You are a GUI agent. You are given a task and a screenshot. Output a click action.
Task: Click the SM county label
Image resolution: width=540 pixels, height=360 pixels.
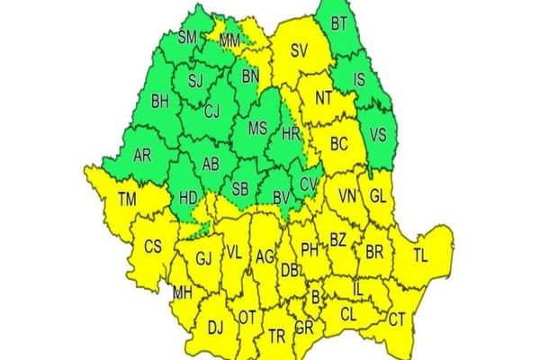point(187,37)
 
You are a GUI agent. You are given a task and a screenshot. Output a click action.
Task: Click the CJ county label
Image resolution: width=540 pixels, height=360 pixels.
point(212,112)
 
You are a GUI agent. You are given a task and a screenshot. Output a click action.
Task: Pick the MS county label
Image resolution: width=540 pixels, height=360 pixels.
point(256,129)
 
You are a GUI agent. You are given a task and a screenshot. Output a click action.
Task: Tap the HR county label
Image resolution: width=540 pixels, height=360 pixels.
point(290,133)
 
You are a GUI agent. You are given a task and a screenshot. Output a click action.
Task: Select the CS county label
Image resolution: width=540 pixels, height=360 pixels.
point(153,247)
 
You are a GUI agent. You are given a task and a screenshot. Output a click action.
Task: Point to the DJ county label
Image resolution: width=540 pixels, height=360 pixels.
point(216,328)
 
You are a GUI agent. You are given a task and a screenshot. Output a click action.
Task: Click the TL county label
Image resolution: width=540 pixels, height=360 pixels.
point(420,255)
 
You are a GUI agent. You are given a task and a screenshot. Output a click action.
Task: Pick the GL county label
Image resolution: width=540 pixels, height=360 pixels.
point(378,195)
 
